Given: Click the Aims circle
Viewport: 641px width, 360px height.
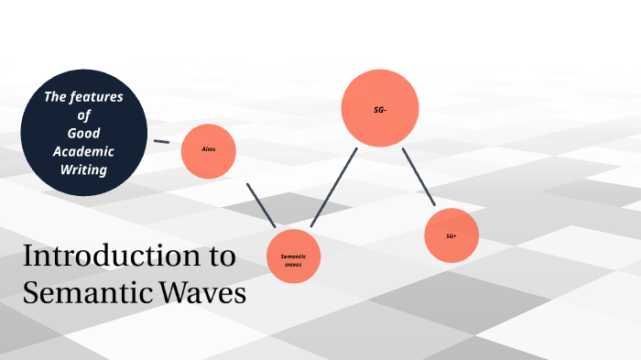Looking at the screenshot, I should point(209,149).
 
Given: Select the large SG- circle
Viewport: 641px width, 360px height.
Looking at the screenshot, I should point(380,109).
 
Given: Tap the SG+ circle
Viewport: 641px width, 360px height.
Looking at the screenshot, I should point(452,235).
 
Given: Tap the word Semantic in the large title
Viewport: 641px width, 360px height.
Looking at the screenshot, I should point(79,293).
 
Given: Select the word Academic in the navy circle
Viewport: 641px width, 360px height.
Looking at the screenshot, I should point(84,151).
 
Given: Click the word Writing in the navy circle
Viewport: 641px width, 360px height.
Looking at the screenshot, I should point(84,169).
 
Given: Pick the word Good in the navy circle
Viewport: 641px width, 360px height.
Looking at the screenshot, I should point(84,134).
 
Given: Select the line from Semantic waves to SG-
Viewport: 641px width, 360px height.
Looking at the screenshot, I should point(333,187).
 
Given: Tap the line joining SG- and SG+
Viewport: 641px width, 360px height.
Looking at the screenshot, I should point(418,176).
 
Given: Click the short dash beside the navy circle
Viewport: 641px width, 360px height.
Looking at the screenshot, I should point(161,142).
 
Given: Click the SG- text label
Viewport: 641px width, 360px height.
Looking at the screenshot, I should point(380,110).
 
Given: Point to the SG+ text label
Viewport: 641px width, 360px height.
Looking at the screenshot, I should point(451,235).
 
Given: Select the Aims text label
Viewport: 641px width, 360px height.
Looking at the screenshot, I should point(209,148).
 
